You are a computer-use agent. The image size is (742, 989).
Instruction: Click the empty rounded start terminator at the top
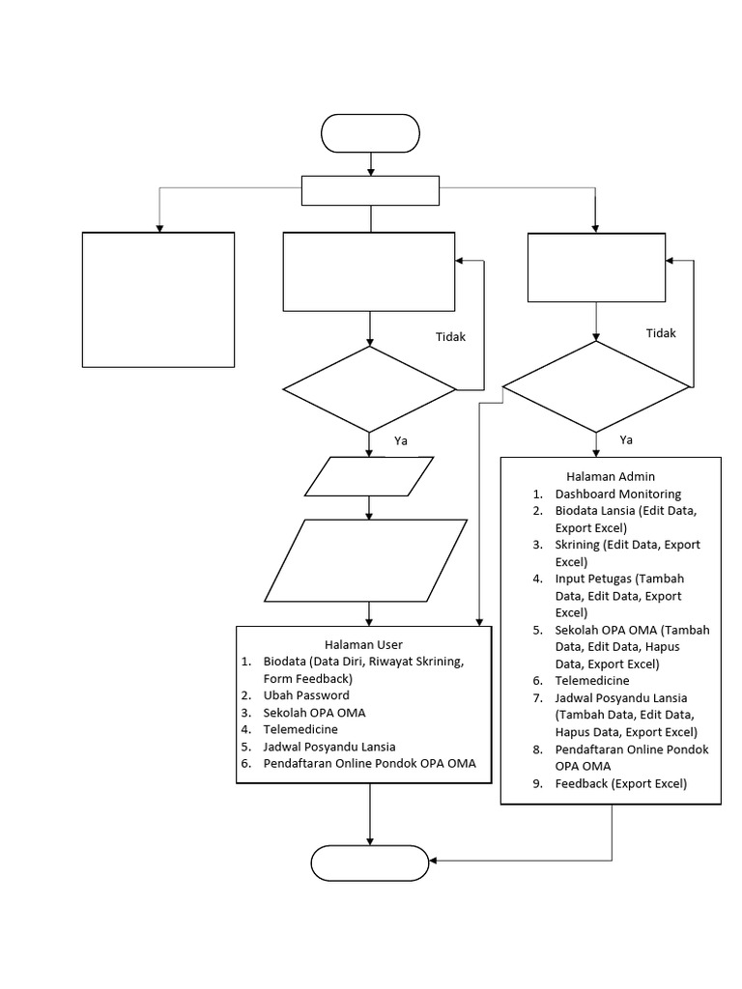(370, 133)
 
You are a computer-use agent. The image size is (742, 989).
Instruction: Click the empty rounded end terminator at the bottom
(370, 861)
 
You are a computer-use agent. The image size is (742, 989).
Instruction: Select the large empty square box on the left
(158, 299)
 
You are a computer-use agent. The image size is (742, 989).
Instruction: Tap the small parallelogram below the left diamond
(369, 475)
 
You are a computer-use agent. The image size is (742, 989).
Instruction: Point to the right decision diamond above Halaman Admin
(596, 387)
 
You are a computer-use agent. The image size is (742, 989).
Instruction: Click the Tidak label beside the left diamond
(450, 337)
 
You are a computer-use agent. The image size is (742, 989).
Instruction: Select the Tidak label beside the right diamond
(661, 333)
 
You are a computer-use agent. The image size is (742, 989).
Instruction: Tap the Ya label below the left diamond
(402, 440)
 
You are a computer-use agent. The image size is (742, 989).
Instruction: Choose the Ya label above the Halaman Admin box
(626, 439)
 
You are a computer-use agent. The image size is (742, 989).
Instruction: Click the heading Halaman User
(363, 644)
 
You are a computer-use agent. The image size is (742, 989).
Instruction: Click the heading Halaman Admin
(611, 476)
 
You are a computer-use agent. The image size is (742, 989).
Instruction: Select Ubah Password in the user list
(306, 695)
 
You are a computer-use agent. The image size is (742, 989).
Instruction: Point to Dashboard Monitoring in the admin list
(617, 494)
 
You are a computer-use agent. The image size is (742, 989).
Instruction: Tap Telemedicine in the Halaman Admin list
(591, 681)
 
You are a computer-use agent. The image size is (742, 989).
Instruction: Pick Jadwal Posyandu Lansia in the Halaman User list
(328, 747)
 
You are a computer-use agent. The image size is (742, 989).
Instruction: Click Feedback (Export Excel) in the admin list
(620, 784)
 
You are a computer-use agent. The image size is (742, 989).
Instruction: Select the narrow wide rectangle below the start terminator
(371, 191)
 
